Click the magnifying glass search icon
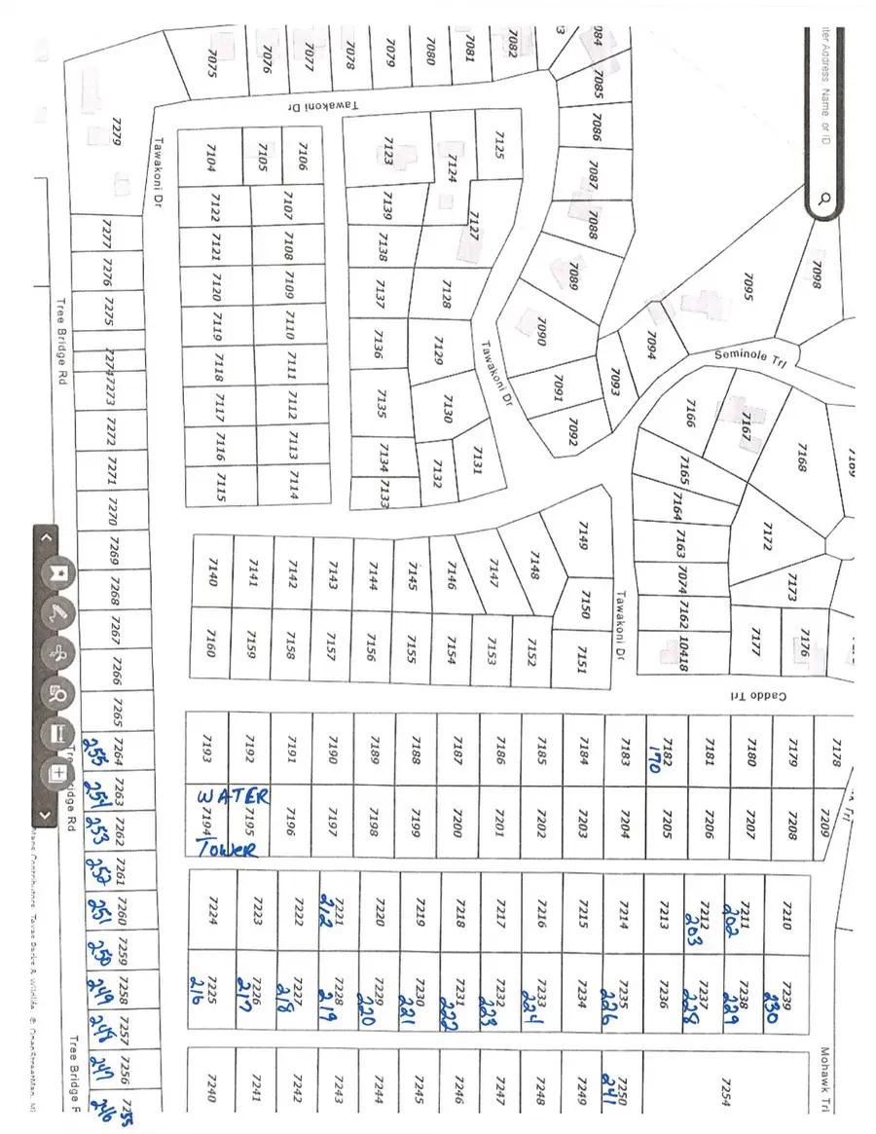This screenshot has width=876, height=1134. [x=823, y=200]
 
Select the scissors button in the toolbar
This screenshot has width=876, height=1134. [x=60, y=653]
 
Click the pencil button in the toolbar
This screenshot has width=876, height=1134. [x=60, y=613]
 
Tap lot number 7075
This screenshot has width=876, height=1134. [x=214, y=64]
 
